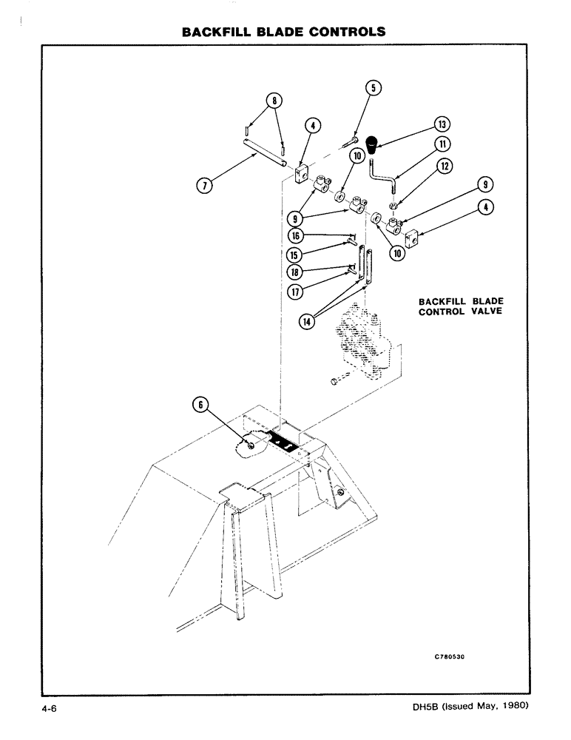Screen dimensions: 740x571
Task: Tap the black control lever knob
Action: [379, 143]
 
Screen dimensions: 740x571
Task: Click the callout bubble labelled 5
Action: [374, 88]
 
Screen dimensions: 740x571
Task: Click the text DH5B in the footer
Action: [425, 707]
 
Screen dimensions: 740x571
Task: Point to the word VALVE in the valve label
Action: [482, 312]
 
